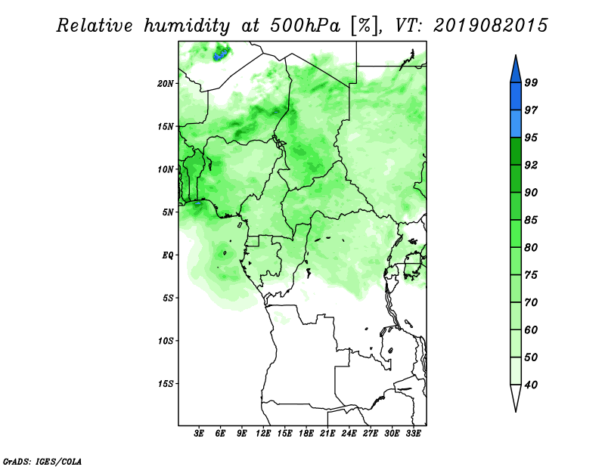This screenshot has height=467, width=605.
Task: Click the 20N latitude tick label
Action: (166, 84)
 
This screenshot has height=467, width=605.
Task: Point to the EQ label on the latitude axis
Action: (168, 255)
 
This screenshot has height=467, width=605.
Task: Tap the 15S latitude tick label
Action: (166, 384)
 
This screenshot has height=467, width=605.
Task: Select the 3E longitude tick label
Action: (199, 434)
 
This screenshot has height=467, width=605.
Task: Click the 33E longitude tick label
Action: (413, 434)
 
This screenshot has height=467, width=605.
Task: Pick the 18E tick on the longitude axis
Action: (306, 434)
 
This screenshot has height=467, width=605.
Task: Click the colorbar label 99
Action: (531, 82)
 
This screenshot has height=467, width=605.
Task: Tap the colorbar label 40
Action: (531, 385)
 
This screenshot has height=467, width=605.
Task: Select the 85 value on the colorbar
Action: (531, 220)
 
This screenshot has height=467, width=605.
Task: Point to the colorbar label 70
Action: (531, 302)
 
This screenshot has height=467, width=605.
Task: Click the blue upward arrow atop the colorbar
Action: (516, 70)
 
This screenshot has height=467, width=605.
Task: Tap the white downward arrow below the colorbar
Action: (516, 397)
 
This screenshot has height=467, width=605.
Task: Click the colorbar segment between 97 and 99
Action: (516, 97)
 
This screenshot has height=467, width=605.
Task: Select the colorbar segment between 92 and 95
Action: (516, 151)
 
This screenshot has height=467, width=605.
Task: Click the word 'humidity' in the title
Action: (187, 26)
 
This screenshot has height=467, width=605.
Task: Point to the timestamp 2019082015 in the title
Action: (490, 26)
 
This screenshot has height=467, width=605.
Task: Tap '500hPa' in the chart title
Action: (305, 26)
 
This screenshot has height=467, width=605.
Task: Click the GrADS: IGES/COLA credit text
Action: (42, 462)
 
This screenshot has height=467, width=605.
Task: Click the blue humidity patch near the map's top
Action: (222, 54)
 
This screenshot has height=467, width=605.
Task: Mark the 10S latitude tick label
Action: (166, 341)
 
